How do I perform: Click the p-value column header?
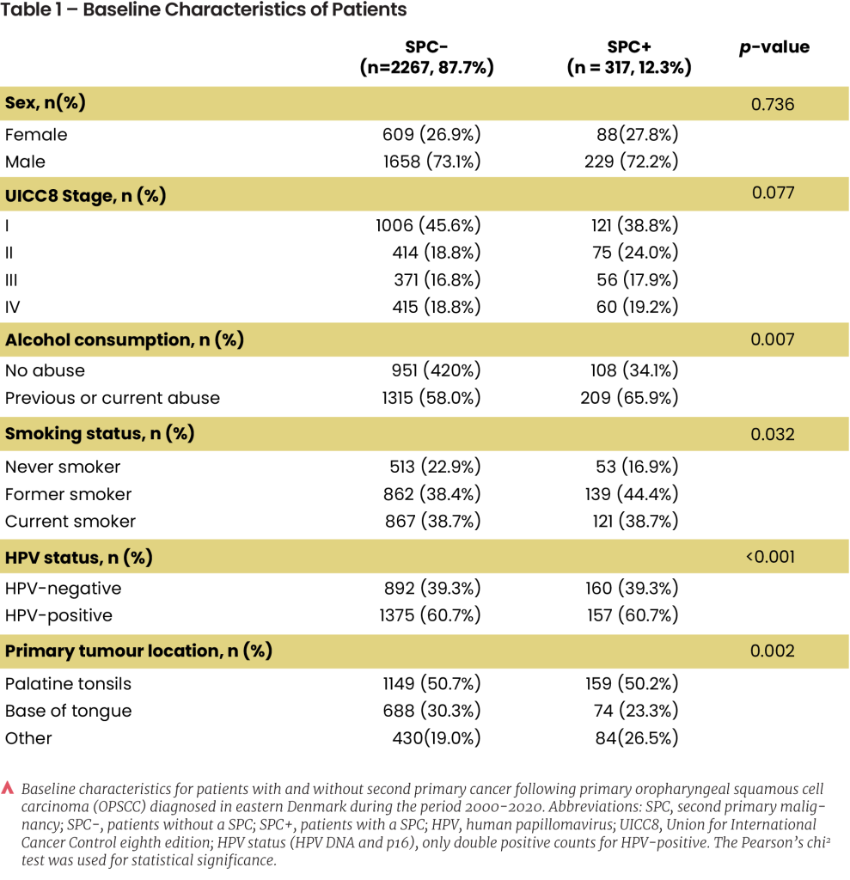774,48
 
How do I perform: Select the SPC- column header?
426,58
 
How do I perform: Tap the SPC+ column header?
629,58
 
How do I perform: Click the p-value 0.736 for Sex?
773,104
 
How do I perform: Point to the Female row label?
36,135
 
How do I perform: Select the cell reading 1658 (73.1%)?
431,162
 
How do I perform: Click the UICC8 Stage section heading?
85,196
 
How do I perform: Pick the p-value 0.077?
774,192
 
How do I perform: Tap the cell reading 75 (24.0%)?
635,253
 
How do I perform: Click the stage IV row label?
12,307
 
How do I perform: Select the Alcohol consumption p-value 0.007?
773,339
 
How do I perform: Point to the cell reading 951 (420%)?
437,370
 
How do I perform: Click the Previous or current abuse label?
113,398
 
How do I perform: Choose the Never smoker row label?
63,467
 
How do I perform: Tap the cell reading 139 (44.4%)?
632,494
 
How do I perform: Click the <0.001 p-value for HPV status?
770,557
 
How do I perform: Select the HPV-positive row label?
59,615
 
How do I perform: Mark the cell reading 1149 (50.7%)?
431,683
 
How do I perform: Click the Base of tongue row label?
69,711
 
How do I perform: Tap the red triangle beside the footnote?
7,788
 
